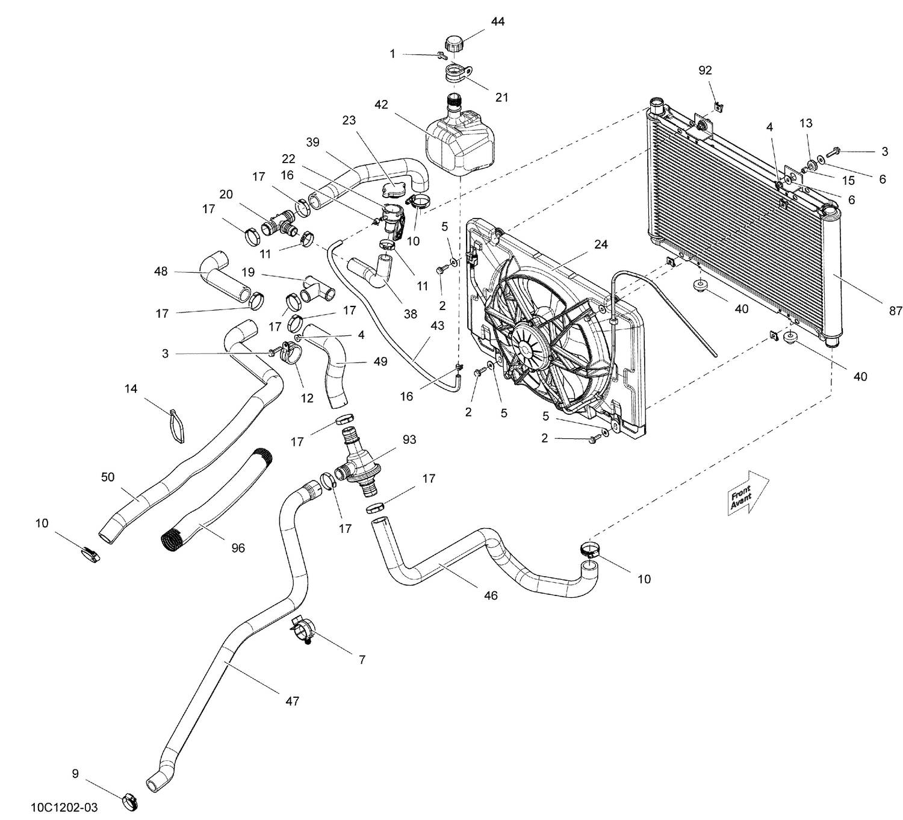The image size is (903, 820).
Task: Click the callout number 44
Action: tap(497, 22)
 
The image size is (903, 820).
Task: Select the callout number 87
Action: tap(895, 311)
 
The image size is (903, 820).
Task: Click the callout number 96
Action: tap(238, 548)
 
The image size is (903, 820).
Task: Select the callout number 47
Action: tap(292, 701)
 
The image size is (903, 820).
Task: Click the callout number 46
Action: tap(491, 595)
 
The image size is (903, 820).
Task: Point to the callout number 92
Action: tap(705, 70)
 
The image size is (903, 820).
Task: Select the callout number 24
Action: tap(600, 244)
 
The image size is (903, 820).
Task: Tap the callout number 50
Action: tap(108, 477)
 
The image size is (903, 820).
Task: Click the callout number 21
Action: tap(501, 97)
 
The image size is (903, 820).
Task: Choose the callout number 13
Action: tap(805, 123)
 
